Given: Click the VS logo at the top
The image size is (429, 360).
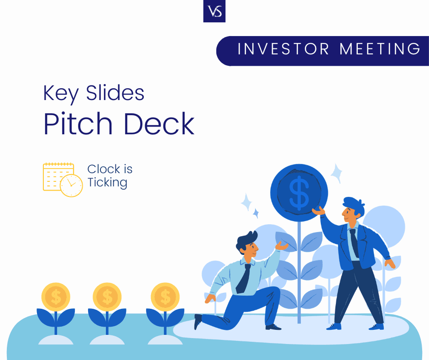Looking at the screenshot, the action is (x=214, y=11).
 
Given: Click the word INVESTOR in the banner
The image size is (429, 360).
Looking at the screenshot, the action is (x=283, y=49).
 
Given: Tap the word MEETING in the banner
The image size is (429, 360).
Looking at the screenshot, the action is (x=380, y=49).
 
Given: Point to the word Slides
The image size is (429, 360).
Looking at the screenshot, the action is (x=115, y=93).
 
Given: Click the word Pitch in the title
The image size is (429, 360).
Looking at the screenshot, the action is (x=78, y=123).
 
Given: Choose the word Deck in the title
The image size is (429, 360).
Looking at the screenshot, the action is (x=159, y=123).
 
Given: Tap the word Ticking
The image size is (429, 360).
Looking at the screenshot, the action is (x=108, y=183).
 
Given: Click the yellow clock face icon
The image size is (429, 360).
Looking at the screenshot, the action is (x=71, y=185).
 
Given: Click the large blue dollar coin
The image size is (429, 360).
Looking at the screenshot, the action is (x=299, y=193).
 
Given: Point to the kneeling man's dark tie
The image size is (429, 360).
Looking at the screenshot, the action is (x=243, y=279).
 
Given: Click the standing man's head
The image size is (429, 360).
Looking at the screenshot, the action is (x=353, y=210).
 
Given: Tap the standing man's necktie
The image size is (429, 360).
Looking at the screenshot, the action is (x=354, y=243).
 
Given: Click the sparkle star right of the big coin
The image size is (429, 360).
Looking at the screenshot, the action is (x=336, y=173).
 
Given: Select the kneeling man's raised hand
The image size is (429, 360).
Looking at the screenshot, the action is (x=282, y=246).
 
